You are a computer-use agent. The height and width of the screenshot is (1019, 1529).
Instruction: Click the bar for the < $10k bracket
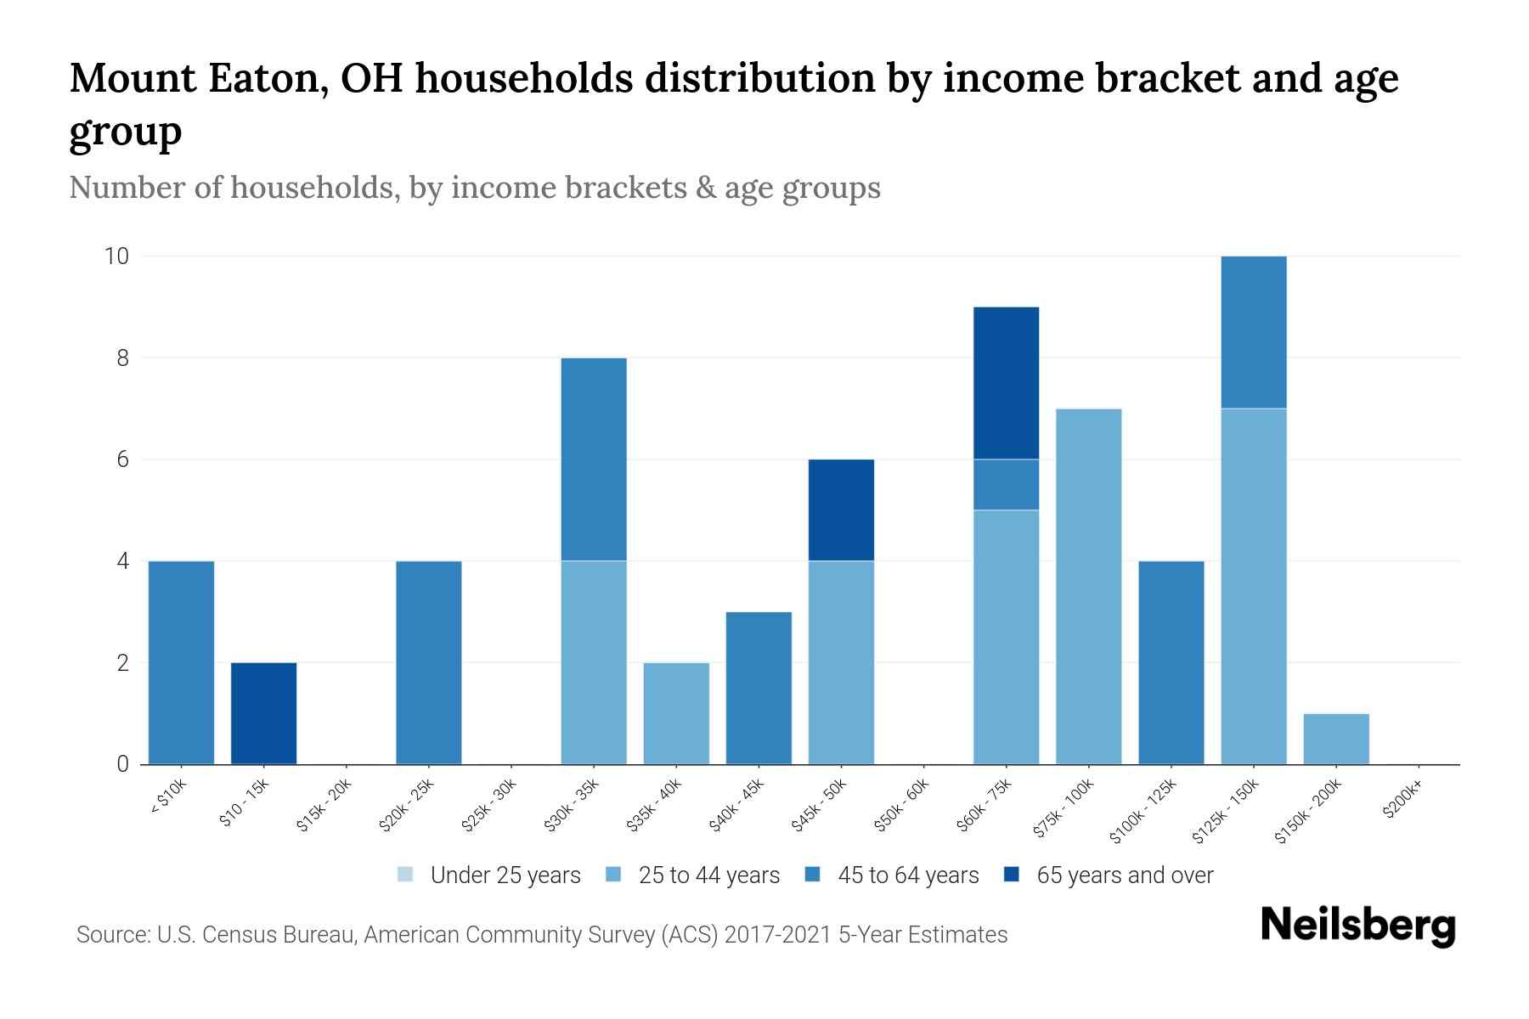tap(181, 662)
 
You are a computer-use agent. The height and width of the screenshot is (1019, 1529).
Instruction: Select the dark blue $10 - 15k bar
tap(263, 713)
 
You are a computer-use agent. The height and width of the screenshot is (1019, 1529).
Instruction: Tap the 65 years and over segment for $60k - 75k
tap(1006, 383)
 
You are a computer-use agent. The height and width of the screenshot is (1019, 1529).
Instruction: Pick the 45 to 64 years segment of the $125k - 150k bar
tap(1253, 332)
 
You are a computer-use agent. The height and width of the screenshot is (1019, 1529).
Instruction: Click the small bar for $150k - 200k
tap(1335, 739)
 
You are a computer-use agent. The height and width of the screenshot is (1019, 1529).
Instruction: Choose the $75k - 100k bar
tap(1088, 586)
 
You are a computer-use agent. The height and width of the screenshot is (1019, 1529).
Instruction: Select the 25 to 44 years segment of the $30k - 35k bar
tap(594, 662)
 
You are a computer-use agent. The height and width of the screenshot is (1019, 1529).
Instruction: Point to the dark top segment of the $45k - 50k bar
tap(841, 509)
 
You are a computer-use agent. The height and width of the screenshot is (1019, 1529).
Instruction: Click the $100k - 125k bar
tap(1171, 662)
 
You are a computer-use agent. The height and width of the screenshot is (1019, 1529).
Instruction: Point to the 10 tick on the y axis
tap(116, 256)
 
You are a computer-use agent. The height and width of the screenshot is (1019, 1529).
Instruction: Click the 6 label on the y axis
tap(123, 459)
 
